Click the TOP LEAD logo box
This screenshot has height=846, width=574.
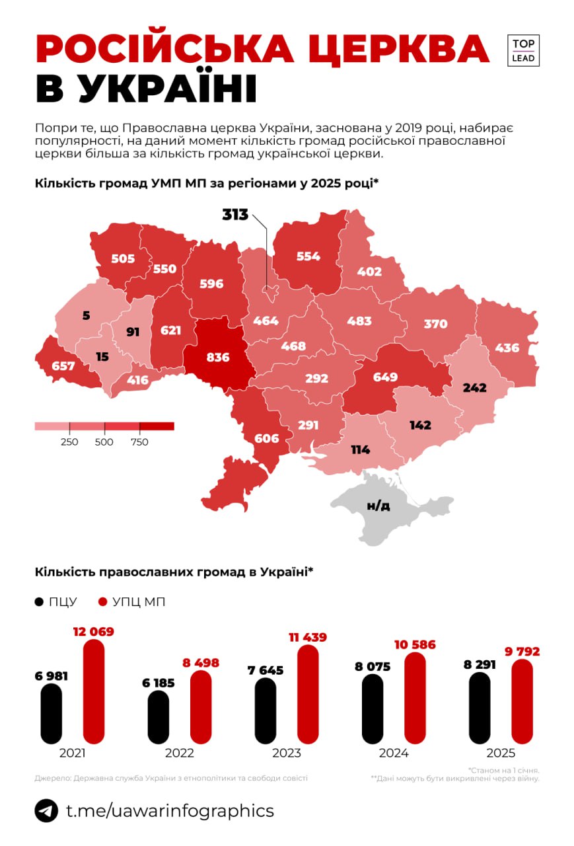[x=524, y=50]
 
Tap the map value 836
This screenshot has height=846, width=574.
[x=217, y=358]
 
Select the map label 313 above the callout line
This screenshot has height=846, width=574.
[x=234, y=215]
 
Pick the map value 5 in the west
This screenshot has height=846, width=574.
[x=86, y=316]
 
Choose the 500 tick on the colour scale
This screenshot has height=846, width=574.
[x=104, y=442]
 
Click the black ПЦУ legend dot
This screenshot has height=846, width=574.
[x=40, y=602]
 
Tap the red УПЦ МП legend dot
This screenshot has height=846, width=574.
[x=102, y=602]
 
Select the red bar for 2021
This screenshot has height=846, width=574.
[x=94, y=691]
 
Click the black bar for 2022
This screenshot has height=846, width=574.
[x=159, y=717]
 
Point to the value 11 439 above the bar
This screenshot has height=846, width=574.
[x=307, y=637]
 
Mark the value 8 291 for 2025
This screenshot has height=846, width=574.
[x=479, y=666]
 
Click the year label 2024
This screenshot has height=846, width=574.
[x=394, y=753]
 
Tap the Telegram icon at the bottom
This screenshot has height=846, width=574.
[x=46, y=811]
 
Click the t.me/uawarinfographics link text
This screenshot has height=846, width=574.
[x=170, y=811]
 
